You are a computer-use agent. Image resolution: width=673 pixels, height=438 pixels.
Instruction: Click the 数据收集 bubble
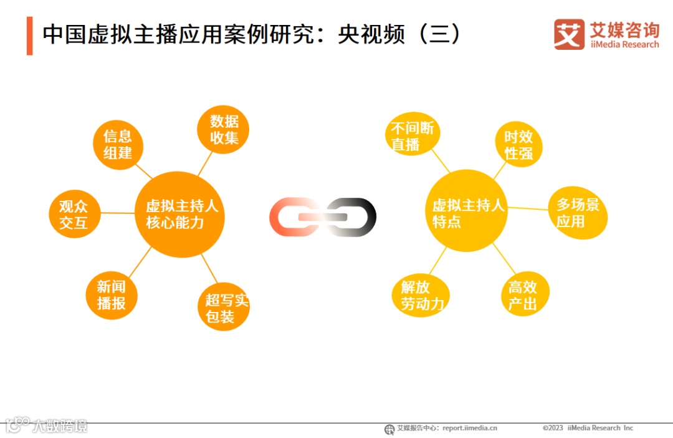[223, 129]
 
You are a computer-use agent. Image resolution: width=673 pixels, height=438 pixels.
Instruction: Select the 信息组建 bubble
[118, 145]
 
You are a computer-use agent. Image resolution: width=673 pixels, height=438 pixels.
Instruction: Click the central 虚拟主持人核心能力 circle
[179, 214]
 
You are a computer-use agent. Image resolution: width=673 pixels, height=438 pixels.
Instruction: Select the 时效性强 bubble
[518, 145]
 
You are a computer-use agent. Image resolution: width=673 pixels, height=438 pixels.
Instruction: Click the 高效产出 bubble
[522, 295]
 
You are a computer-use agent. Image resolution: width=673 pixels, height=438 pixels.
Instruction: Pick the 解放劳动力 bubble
[421, 295]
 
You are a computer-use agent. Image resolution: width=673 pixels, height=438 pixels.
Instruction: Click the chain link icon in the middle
[323, 217]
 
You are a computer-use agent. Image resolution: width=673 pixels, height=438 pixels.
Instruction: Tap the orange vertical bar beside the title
[29, 36]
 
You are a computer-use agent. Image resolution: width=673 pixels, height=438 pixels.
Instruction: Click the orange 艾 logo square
[569, 34]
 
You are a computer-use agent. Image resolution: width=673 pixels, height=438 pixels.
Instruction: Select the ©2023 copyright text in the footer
[553, 428]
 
